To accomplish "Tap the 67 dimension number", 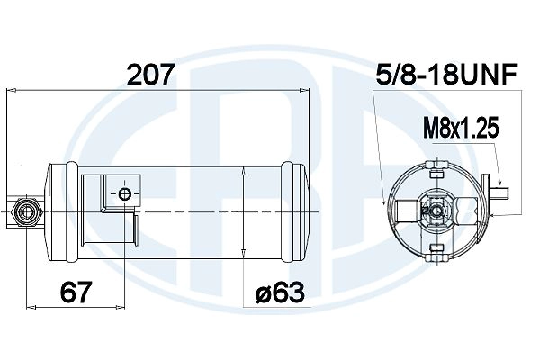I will pos(78,292).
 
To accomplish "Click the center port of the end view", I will pos(436,212).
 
